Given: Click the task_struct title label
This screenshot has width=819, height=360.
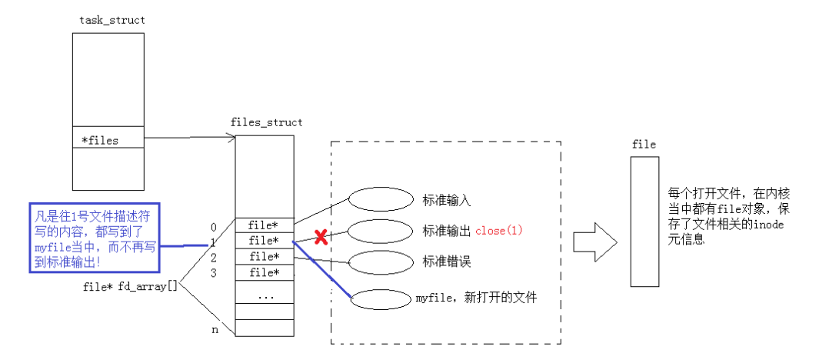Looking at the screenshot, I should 112,20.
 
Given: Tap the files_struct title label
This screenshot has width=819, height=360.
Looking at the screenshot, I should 266,122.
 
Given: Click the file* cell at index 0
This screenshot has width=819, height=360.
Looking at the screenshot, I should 264,225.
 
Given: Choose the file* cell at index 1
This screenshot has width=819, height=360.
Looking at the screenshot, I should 264,241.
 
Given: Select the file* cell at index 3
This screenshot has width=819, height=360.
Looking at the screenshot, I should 264,272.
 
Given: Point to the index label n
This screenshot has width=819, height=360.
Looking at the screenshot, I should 215,330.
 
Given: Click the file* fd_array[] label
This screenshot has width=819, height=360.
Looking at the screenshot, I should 130,286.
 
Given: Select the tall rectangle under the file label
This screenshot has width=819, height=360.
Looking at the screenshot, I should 644,221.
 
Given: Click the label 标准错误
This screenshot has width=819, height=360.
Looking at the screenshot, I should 446,262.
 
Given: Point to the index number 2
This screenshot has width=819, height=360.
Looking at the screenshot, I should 213,257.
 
